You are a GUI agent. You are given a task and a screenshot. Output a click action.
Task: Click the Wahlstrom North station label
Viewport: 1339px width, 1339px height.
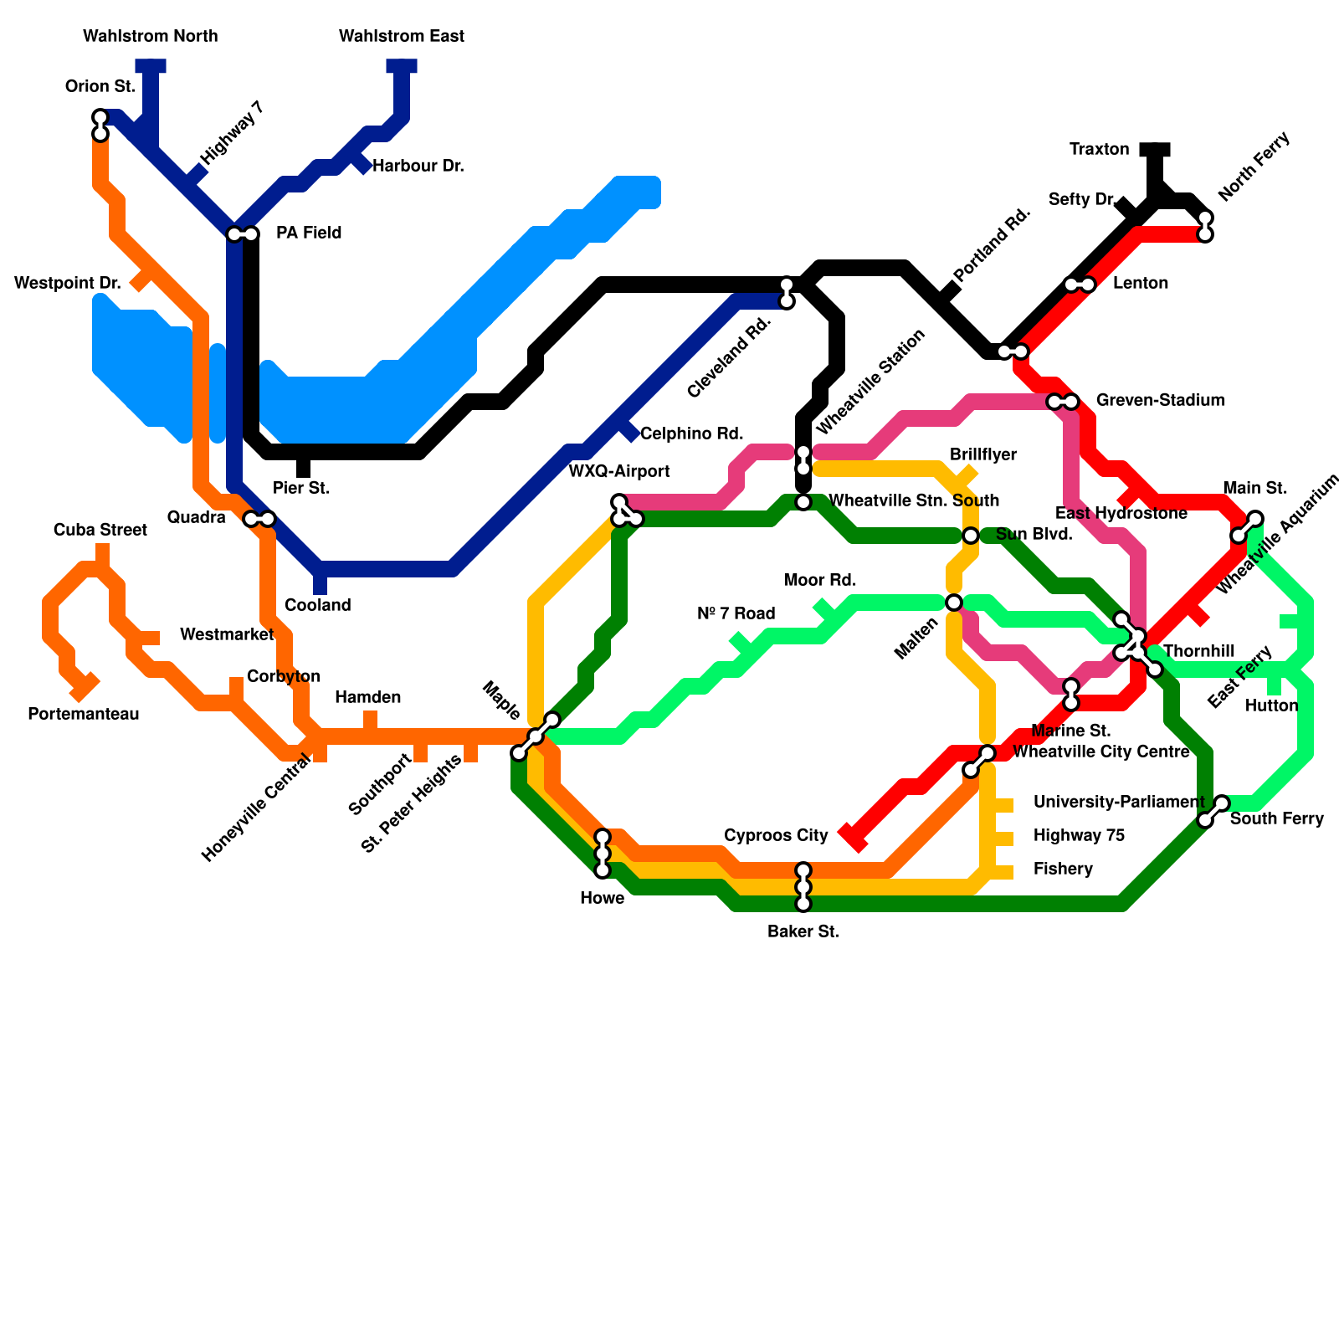click(151, 36)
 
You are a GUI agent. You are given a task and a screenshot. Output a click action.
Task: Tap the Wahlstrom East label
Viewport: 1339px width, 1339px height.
click(402, 36)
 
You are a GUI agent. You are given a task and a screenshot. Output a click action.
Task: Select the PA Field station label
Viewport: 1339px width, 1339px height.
click(309, 233)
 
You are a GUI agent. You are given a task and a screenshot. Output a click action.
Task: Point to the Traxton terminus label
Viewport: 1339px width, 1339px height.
click(1099, 150)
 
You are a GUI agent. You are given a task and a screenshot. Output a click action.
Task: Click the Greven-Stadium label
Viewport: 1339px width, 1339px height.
click(1160, 400)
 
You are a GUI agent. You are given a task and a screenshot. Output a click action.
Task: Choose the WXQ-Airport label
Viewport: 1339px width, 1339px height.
click(619, 471)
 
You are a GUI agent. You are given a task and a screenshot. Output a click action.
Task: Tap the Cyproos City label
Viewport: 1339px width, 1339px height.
click(776, 835)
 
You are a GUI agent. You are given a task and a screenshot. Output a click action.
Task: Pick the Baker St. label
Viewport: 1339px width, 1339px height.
click(803, 931)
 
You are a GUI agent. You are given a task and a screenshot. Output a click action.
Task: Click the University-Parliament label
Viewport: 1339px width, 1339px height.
click(1118, 802)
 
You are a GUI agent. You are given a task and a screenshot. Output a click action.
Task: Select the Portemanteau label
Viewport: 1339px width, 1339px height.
click(84, 714)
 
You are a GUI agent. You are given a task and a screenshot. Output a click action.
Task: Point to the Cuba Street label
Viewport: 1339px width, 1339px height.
click(100, 530)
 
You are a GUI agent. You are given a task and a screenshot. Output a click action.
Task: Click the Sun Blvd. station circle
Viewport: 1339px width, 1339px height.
click(971, 536)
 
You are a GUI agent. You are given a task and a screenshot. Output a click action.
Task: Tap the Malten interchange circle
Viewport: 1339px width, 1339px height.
click(954, 603)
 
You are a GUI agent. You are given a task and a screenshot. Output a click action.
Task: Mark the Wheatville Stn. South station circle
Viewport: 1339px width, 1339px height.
click(803, 502)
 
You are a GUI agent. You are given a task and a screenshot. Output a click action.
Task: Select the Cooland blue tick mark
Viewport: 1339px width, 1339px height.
click(320, 584)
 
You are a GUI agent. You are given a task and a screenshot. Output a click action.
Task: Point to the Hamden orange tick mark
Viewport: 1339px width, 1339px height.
click(370, 720)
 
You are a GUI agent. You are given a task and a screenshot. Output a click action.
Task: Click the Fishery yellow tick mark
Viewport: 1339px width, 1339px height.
click(1003, 872)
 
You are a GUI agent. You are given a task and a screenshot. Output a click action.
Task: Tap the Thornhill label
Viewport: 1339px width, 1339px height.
click(1198, 651)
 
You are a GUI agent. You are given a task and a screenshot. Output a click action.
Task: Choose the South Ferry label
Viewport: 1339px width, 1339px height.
click(1276, 818)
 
